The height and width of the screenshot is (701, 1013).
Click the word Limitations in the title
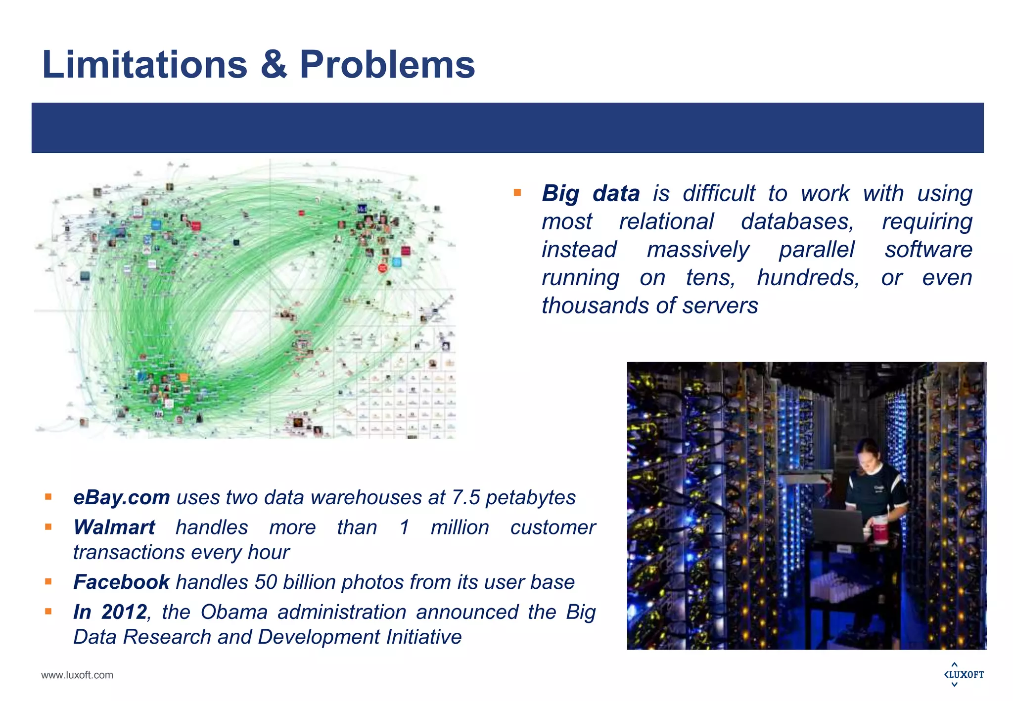(x=144, y=65)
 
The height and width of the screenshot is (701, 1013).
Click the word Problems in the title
(x=387, y=65)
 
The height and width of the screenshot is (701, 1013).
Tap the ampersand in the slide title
(x=273, y=65)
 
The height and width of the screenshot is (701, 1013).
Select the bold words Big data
(x=591, y=193)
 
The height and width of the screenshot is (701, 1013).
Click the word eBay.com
(x=121, y=497)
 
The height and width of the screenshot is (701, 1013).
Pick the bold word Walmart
(x=114, y=527)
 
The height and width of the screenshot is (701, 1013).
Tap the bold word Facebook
(x=121, y=582)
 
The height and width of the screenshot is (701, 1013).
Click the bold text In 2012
(x=110, y=612)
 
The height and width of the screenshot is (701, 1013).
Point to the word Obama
(x=234, y=612)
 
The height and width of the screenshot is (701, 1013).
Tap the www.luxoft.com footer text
(x=77, y=675)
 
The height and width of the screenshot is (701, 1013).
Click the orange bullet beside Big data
(x=517, y=193)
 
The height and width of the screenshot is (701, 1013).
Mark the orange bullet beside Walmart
(x=48, y=527)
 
